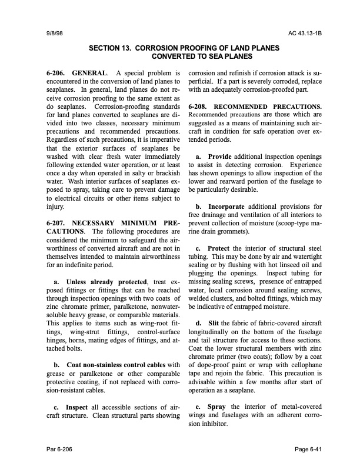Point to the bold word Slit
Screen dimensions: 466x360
click(x=214, y=323)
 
